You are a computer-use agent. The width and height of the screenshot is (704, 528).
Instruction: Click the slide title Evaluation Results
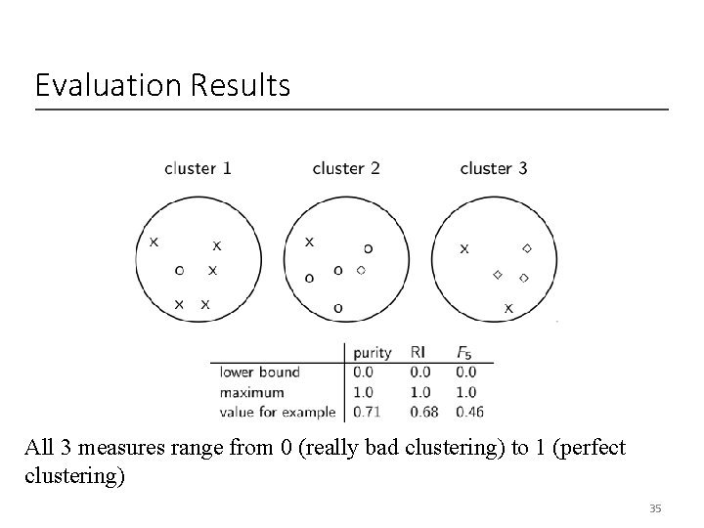pyautogui.click(x=162, y=86)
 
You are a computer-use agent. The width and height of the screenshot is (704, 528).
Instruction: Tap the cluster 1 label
pyautogui.click(x=198, y=168)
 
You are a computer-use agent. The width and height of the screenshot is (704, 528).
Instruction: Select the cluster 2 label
pyautogui.click(x=346, y=168)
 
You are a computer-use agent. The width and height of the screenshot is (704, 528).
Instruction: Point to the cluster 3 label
pyautogui.click(x=494, y=168)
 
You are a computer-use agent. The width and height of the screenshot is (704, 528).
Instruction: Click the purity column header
pyautogui.click(x=372, y=352)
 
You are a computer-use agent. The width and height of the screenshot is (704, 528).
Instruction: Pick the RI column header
pyautogui.click(x=418, y=352)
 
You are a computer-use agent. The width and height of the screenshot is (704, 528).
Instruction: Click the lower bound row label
pyautogui.click(x=259, y=372)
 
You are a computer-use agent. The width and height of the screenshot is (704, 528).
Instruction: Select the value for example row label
pyautogui.click(x=278, y=412)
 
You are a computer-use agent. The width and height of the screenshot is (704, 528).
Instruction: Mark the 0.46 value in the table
pyautogui.click(x=469, y=412)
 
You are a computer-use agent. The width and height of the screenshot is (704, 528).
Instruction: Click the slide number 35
pyautogui.click(x=655, y=508)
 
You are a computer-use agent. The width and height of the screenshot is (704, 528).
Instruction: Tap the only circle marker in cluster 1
pyautogui.click(x=179, y=270)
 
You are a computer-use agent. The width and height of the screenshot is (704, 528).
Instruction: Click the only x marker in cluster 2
pyautogui.click(x=310, y=242)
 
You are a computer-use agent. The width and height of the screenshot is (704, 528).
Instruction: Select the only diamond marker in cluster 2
pyautogui.click(x=361, y=269)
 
